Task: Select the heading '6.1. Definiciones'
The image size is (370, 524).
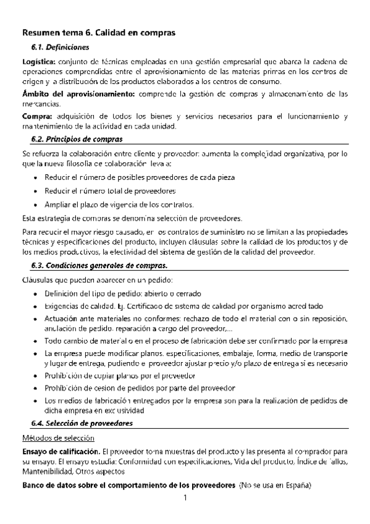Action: pyautogui.click(x=61, y=47)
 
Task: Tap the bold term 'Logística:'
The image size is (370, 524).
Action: pyautogui.click(x=39, y=62)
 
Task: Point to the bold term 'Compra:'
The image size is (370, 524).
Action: pyautogui.click(x=37, y=116)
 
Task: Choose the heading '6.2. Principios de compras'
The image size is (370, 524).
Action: pyautogui.click(x=77, y=138)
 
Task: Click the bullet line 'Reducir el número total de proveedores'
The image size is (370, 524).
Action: pyautogui.click(x=111, y=191)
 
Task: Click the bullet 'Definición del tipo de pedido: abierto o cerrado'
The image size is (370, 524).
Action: pyautogui.click(x=123, y=293)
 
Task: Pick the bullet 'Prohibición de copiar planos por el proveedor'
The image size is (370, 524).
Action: pyautogui.click(x=120, y=375)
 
